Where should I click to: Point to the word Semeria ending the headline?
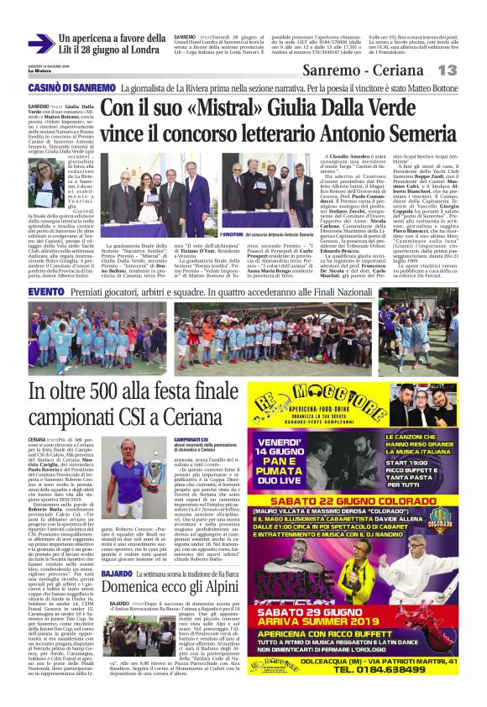(x=403, y=134)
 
